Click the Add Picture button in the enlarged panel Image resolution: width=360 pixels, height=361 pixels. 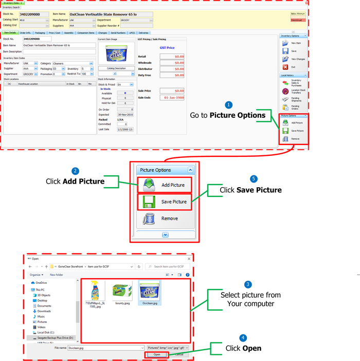165,185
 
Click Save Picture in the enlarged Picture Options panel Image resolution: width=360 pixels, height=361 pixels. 165,202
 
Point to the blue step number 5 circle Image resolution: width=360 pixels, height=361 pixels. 253,179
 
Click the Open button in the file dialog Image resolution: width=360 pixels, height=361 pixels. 157,354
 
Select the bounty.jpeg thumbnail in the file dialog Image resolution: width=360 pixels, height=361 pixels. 121,294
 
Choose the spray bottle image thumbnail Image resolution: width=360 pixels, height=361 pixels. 96,293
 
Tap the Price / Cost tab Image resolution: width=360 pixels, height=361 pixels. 55,32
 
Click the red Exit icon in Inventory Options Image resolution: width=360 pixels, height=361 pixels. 285,67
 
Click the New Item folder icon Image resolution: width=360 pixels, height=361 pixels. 285,43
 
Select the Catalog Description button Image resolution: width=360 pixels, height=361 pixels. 116,68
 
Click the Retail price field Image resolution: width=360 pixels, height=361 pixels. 172,57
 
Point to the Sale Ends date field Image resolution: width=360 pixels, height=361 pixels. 172,97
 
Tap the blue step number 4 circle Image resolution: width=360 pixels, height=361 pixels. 243,338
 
